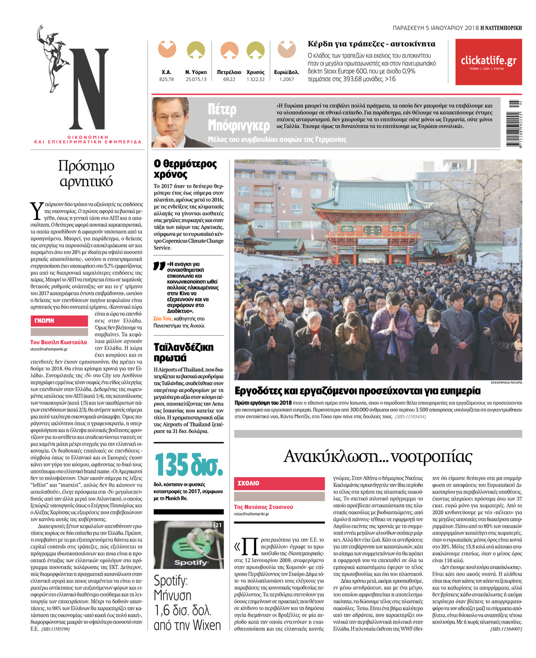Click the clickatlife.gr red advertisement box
pos(488,62)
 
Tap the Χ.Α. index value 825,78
pos(166,79)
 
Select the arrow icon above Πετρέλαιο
pos(229,51)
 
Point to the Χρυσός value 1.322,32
pos(255,79)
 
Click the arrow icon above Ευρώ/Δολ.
pos(287,50)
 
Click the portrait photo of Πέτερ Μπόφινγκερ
pos(170,123)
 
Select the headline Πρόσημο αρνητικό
pos(86,174)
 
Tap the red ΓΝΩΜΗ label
pos(45,321)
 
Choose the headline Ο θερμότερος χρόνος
pos(185,169)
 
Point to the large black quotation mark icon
pos(159,266)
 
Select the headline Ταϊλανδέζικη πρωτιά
pos(184,352)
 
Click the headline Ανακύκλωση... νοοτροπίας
pos(377,456)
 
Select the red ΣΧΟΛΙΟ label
pos(249,483)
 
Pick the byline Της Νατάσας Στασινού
pos(263,507)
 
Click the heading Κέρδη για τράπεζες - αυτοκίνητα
pos(371,44)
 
